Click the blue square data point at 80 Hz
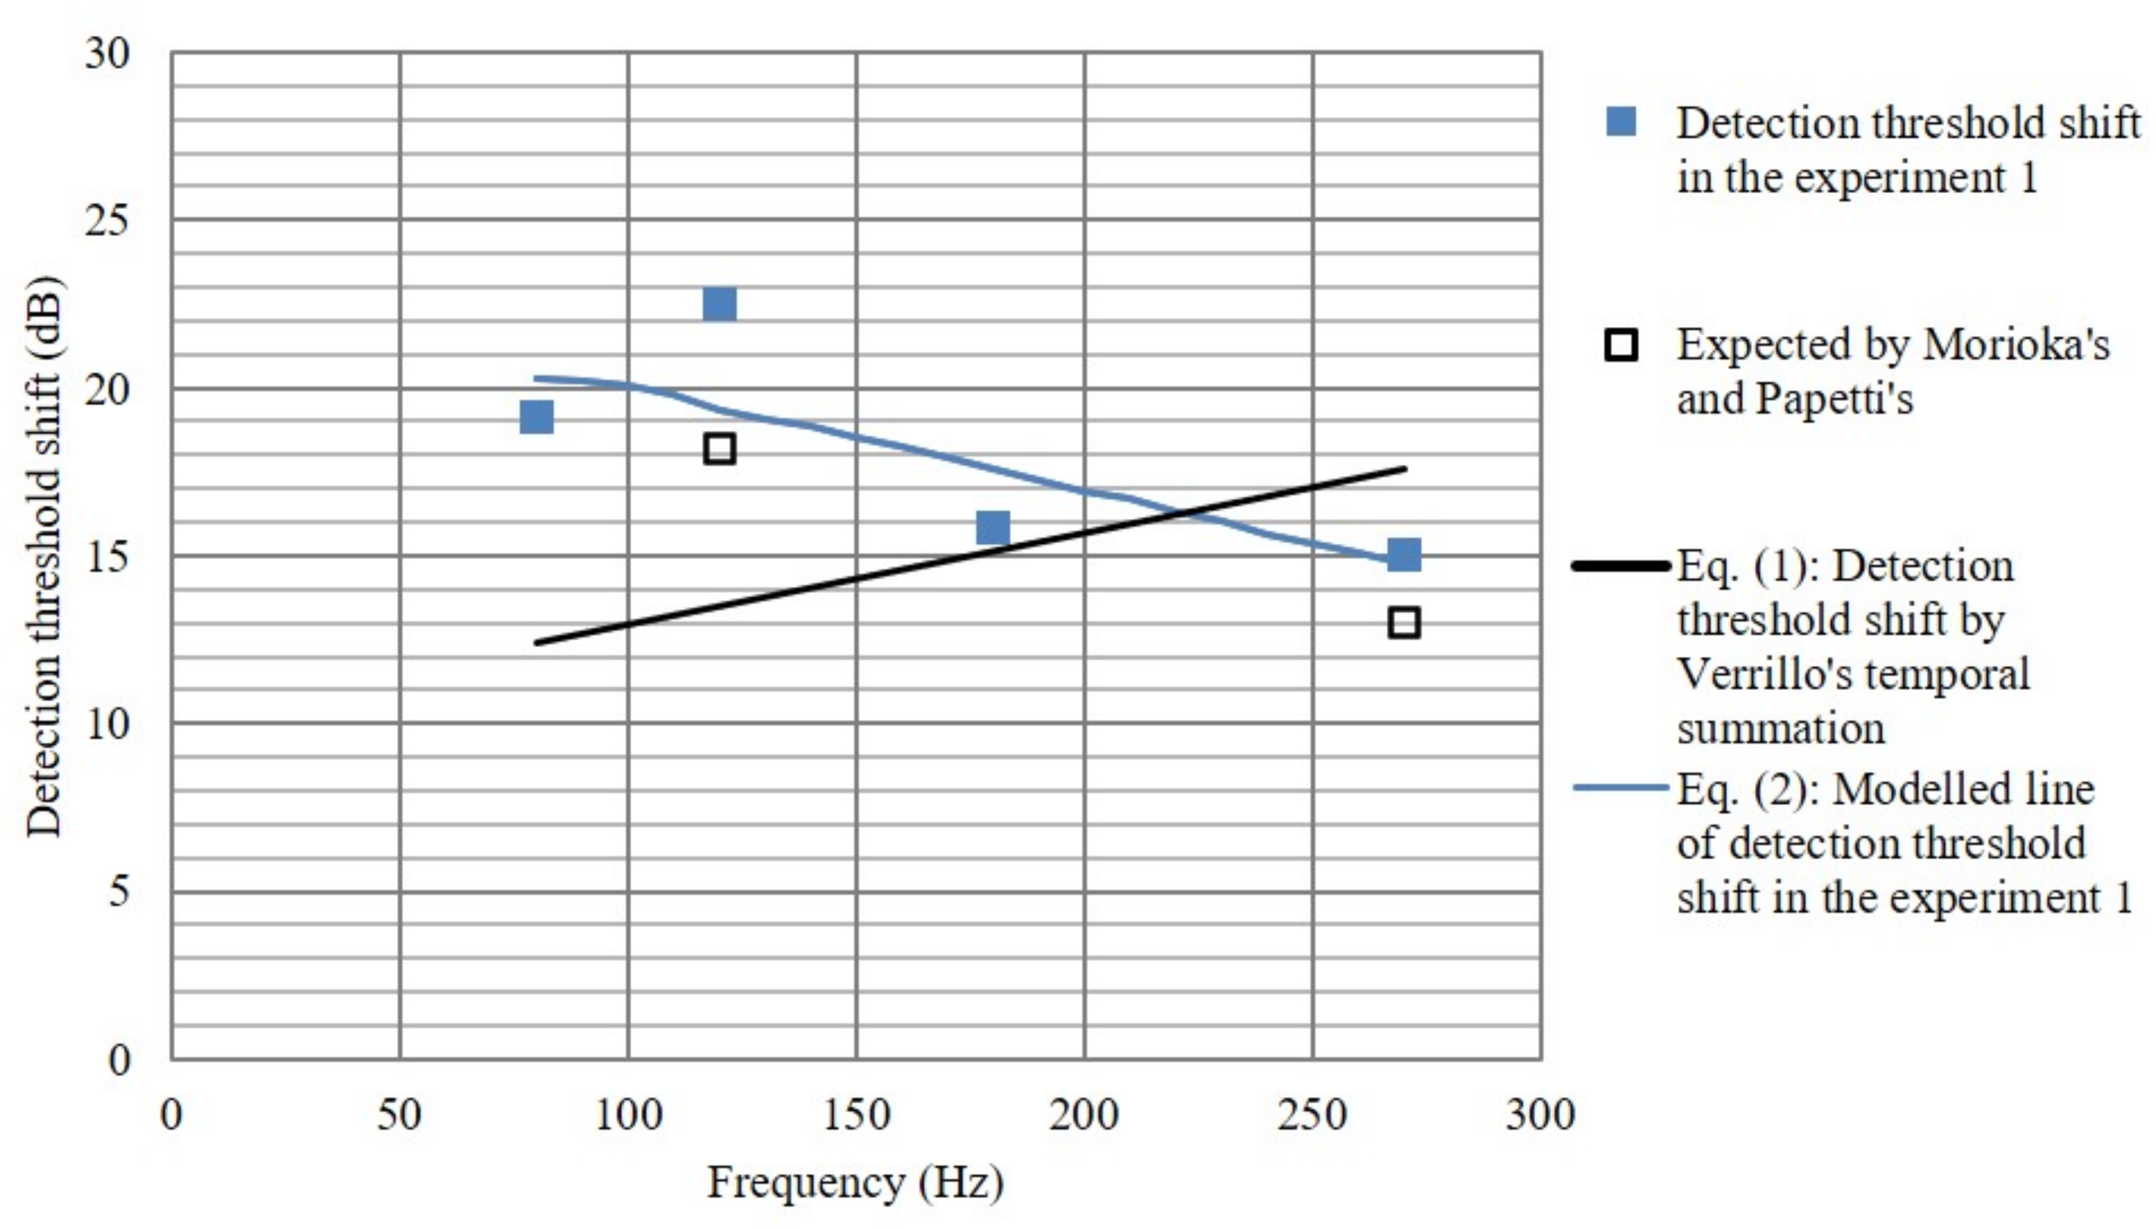click(x=536, y=417)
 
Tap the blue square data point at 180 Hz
click(x=992, y=528)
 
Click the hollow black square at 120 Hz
click(x=719, y=448)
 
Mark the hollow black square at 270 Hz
click(x=1404, y=623)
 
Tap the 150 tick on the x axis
click(x=856, y=1115)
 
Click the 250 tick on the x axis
click(x=1312, y=1115)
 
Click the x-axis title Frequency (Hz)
click(x=854, y=1183)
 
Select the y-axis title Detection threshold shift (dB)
click(x=44, y=557)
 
